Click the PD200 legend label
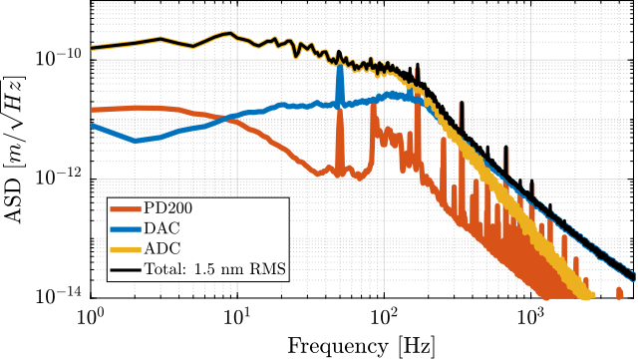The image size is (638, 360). click(x=167, y=208)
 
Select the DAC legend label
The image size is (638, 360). click(x=161, y=228)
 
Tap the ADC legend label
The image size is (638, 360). click(x=161, y=247)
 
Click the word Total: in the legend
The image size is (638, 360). click(x=166, y=268)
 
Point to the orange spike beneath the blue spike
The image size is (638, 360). click(x=340, y=110)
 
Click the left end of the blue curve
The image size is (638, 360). click(x=92, y=125)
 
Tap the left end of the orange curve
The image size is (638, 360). click(x=92, y=110)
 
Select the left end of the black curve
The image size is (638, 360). click(x=92, y=48)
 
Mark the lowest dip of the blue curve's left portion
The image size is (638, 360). click(x=136, y=141)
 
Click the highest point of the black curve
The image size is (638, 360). click(x=230, y=33)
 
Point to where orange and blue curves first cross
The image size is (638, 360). click(x=231, y=118)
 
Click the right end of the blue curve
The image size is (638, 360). click(x=632, y=276)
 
